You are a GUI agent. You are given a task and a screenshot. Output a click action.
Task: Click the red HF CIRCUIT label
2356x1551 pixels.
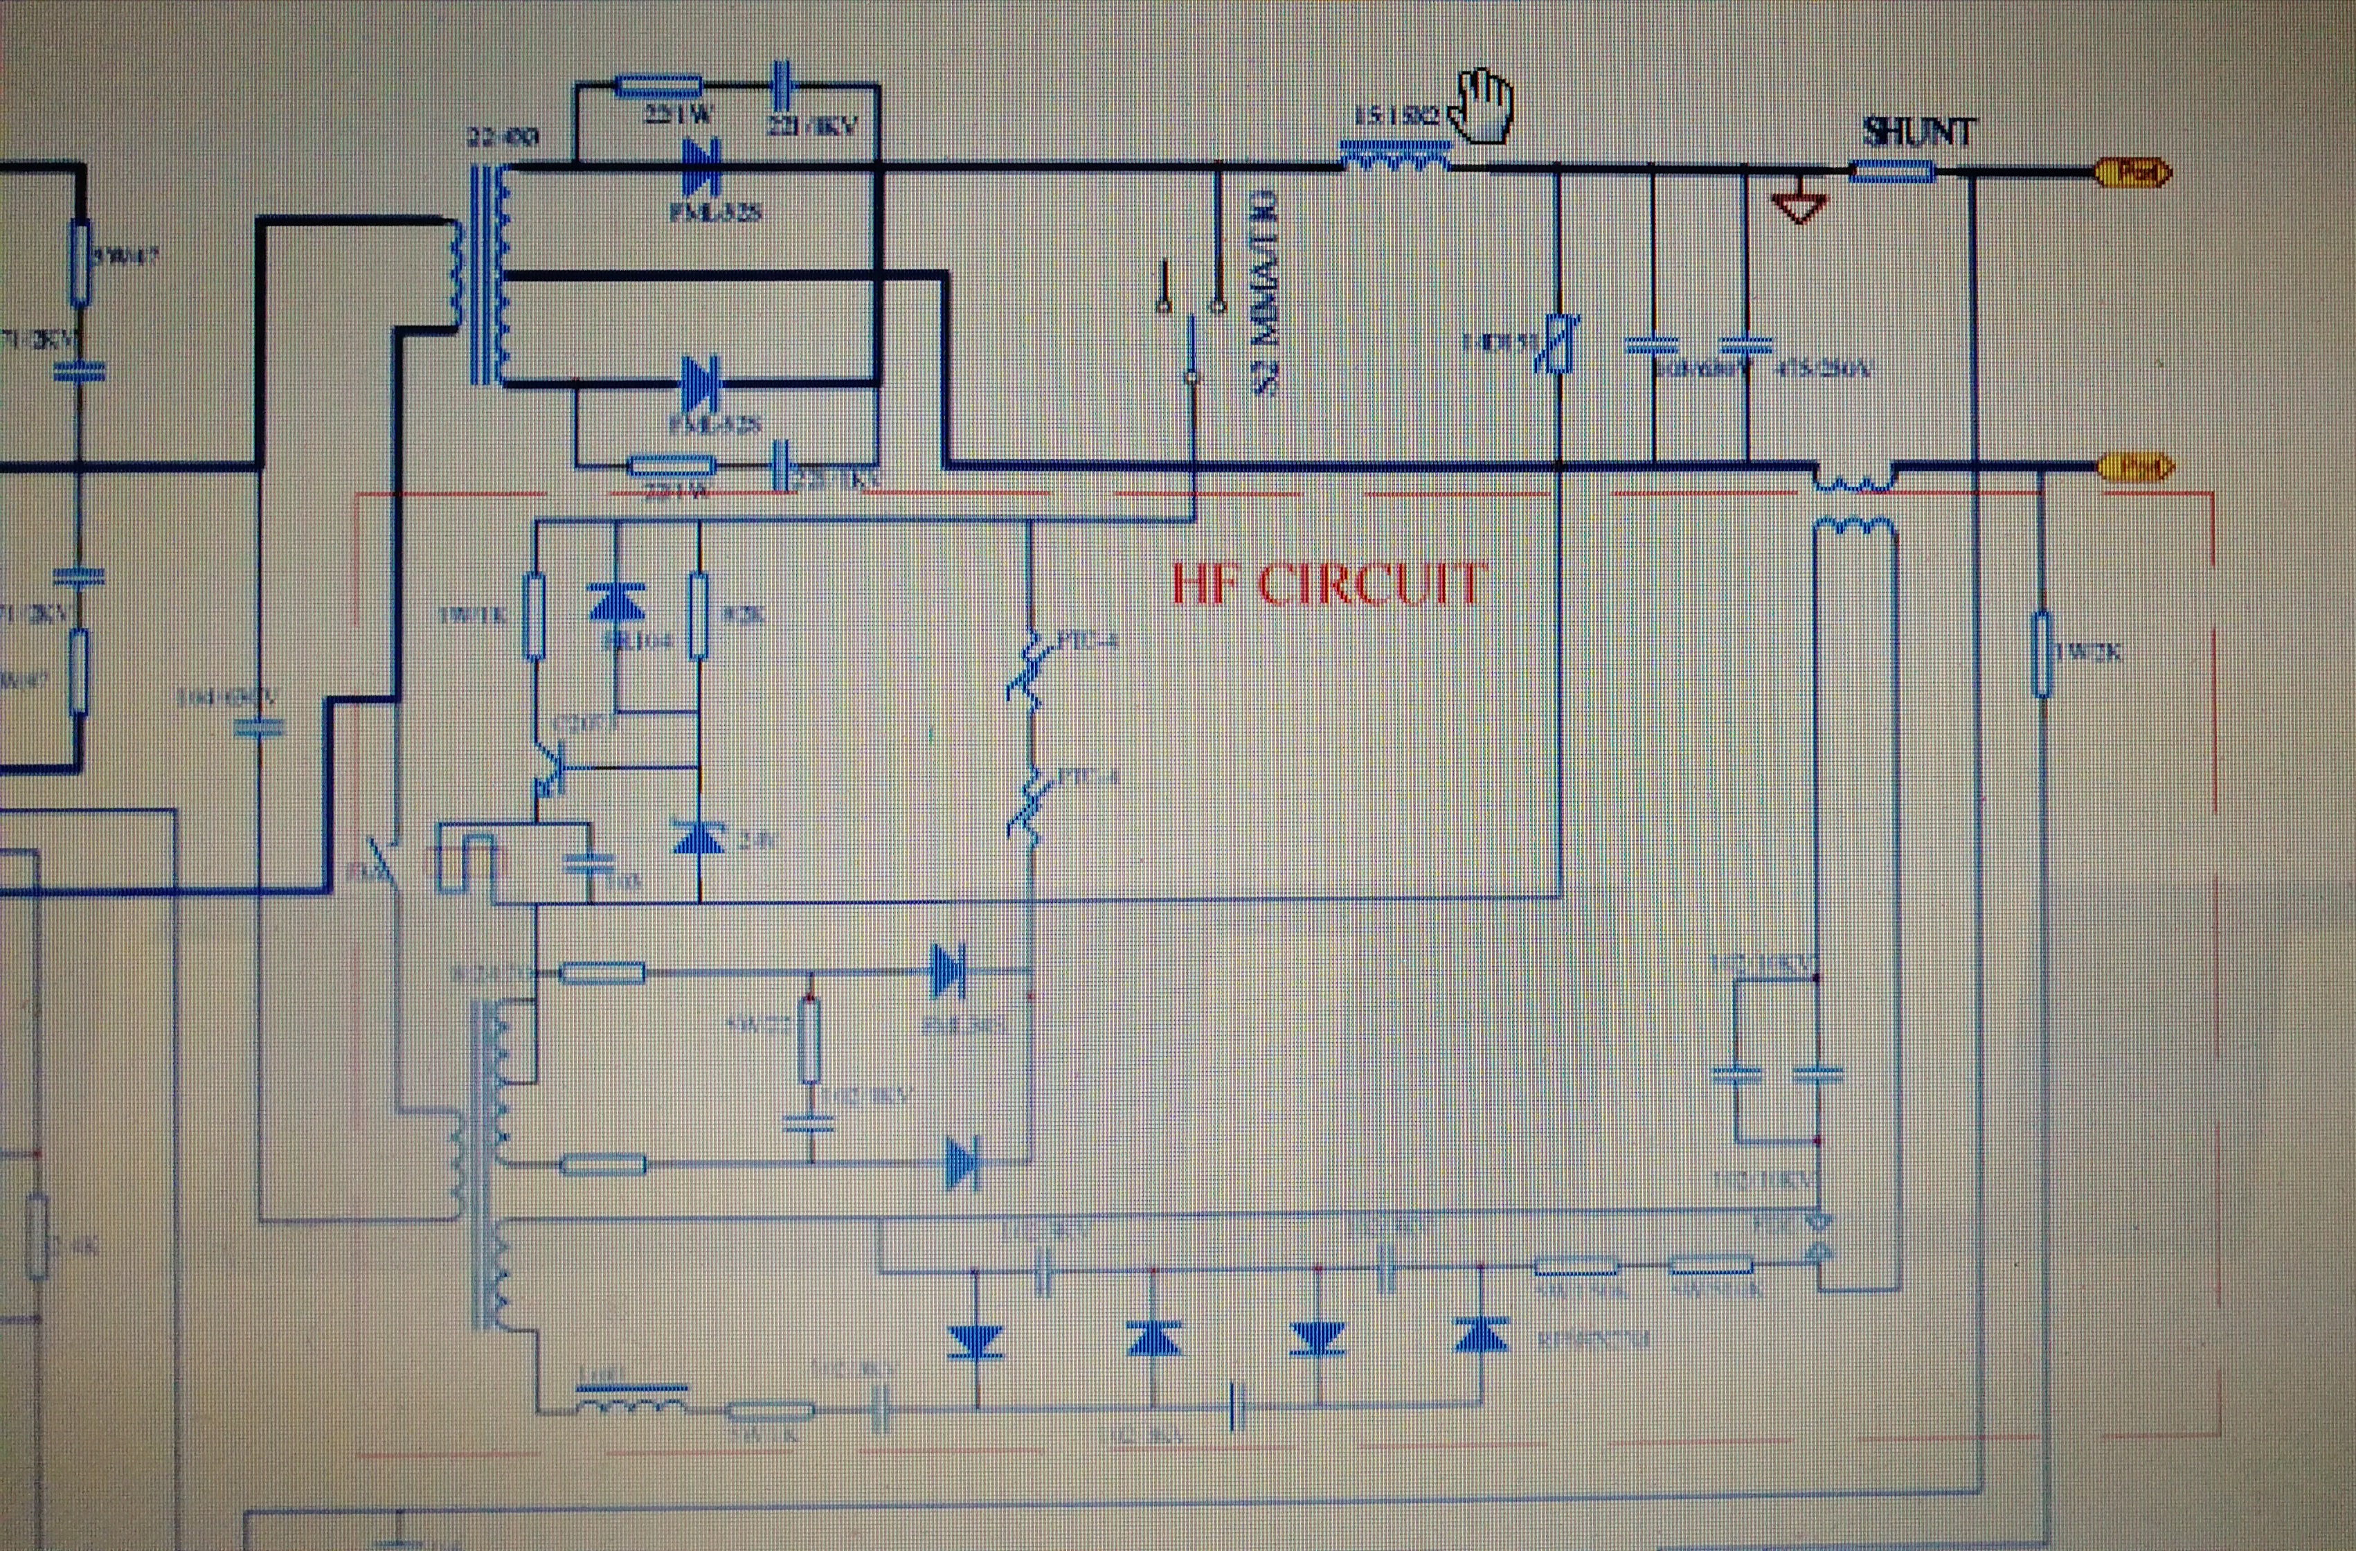pyautogui.click(x=1327, y=584)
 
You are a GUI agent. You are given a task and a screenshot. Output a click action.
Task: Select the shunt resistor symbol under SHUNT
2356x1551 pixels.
pyautogui.click(x=1893, y=173)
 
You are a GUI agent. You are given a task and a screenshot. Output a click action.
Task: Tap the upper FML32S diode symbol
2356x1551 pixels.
pyautogui.click(x=701, y=168)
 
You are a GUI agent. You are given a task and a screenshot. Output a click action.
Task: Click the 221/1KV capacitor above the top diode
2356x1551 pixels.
pyautogui.click(x=784, y=87)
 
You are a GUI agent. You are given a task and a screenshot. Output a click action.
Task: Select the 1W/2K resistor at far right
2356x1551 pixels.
pyautogui.click(x=2041, y=653)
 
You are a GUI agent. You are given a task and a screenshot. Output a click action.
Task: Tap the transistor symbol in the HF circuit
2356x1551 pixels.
pyautogui.click(x=548, y=768)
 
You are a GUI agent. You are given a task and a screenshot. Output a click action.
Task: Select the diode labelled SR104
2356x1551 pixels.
pyautogui.click(x=617, y=602)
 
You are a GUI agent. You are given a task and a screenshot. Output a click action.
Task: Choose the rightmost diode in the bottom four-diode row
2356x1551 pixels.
pyautogui.click(x=1481, y=1336)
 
